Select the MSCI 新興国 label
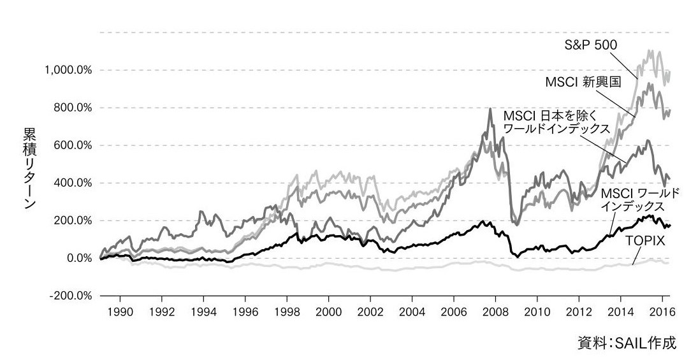pos(579,82)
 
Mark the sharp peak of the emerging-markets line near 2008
pos(490,110)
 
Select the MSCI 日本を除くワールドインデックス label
pos(556,122)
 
